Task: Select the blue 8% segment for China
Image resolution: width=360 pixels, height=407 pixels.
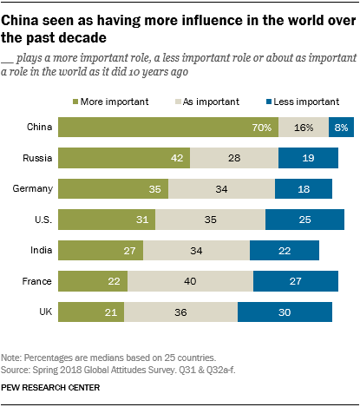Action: (x=341, y=128)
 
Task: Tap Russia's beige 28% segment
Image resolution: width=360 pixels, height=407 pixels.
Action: (x=233, y=159)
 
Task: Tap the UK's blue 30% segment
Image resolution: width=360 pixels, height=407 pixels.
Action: (x=285, y=312)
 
